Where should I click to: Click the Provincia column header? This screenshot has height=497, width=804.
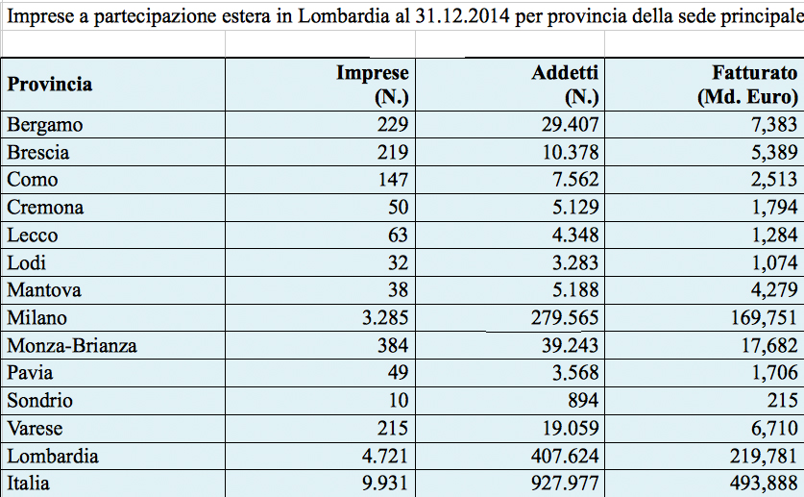point(50,85)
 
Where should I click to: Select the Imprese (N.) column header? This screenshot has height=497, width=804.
point(373,85)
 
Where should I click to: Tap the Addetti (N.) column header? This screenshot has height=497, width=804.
point(566,85)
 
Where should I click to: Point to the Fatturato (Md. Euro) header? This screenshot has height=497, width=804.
point(748,85)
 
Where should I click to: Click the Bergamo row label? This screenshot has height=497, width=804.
point(45,125)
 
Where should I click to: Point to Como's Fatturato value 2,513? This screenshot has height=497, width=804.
point(775,180)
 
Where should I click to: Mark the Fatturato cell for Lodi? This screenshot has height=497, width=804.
point(775,262)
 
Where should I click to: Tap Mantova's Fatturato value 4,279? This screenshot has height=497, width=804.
point(775,290)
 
